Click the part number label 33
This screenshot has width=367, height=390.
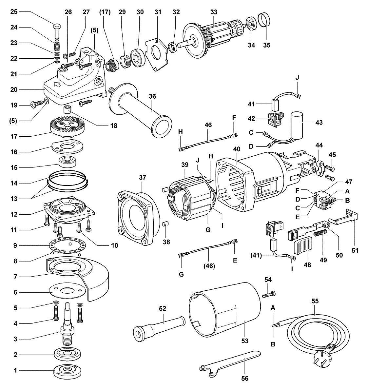pyautogui.click(x=214, y=12)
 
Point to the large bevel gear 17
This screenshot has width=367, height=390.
pyautogui.click(x=67, y=127)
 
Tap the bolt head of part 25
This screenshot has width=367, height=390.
pyautogui.click(x=57, y=26)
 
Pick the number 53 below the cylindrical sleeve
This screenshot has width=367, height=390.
pyautogui.click(x=245, y=341)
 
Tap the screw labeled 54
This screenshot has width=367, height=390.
pyautogui.click(x=269, y=294)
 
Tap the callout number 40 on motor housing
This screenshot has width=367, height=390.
pyautogui.click(x=237, y=149)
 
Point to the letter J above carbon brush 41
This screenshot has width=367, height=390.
pyautogui.click(x=297, y=78)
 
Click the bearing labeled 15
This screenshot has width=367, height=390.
pyautogui.click(x=67, y=162)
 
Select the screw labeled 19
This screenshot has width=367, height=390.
pyautogui.click(x=37, y=105)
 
